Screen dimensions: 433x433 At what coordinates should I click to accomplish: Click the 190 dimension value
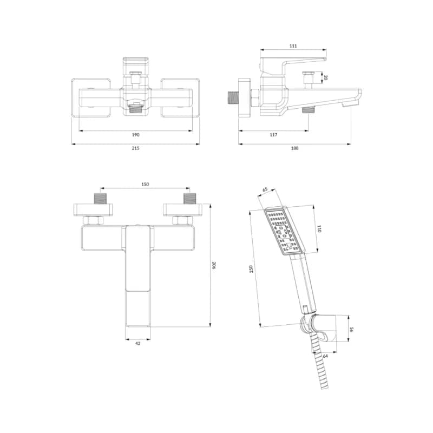coord(135,135)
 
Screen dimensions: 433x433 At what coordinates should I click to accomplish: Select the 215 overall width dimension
coord(135,148)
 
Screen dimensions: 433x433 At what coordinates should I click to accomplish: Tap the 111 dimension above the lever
coord(293,46)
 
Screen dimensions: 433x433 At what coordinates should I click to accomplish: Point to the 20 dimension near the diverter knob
coord(325,78)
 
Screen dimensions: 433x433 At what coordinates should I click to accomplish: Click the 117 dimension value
coord(273,135)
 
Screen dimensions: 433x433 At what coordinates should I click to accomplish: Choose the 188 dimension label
coord(294,148)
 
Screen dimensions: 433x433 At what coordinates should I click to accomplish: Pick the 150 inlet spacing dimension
coord(145,184)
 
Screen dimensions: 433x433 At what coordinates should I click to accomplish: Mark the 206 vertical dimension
coord(214,265)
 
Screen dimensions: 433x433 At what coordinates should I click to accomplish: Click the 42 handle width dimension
coord(138,343)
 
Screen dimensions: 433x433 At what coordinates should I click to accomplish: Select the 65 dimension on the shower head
coord(265,189)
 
